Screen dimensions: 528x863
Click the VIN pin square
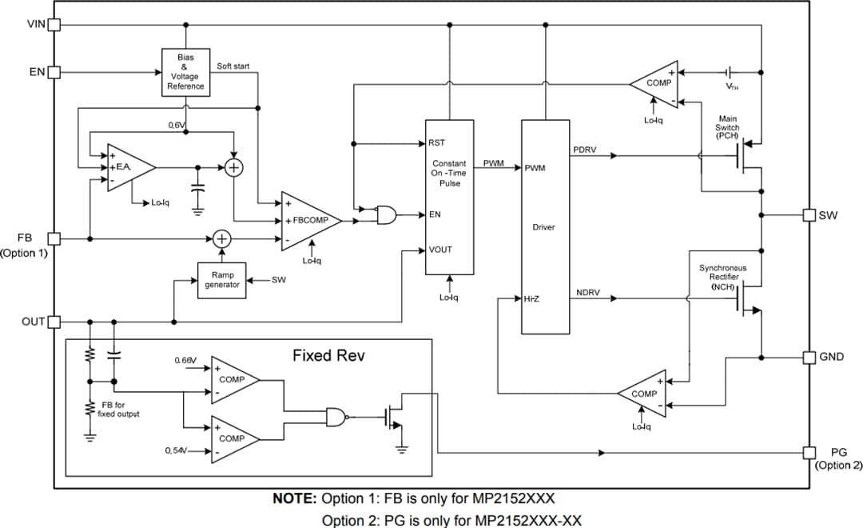54,24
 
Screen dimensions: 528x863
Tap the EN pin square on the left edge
54,73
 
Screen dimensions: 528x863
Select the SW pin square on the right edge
809,215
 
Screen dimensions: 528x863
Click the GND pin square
809,356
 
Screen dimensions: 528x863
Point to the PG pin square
809,452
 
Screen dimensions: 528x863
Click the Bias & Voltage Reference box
185,72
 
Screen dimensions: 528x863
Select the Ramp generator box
222,280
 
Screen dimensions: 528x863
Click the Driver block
545,227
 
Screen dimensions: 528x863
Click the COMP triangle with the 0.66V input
234,380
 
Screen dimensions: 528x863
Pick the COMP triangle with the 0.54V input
234,438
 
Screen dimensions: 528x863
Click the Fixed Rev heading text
328,355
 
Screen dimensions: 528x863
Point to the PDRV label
586,150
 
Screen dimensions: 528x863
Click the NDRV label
588,293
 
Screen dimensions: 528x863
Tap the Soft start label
237,66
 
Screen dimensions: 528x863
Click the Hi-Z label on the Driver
532,298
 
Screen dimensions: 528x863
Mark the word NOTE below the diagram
296,498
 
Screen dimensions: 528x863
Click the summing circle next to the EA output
233,167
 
